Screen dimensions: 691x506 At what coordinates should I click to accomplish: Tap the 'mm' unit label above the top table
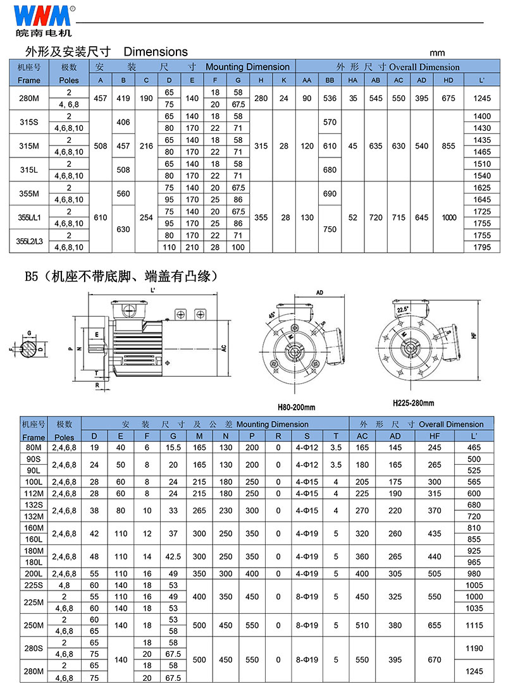[437, 52]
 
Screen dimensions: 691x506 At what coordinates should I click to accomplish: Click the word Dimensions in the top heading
[156, 52]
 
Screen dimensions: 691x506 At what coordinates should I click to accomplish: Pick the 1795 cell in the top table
[482, 247]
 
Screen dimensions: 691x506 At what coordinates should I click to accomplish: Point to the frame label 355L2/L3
[29, 241]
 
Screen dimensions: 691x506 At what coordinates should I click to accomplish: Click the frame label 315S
[29, 122]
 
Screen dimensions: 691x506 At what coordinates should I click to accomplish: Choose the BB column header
[330, 80]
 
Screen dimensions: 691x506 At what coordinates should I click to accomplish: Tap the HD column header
[448, 80]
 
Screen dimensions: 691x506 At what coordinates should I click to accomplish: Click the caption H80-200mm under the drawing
[296, 408]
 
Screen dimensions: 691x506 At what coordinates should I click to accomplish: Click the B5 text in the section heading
[32, 276]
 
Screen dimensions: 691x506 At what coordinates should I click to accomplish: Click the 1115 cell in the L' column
[474, 625]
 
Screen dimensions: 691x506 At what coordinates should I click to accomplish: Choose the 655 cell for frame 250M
[435, 625]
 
